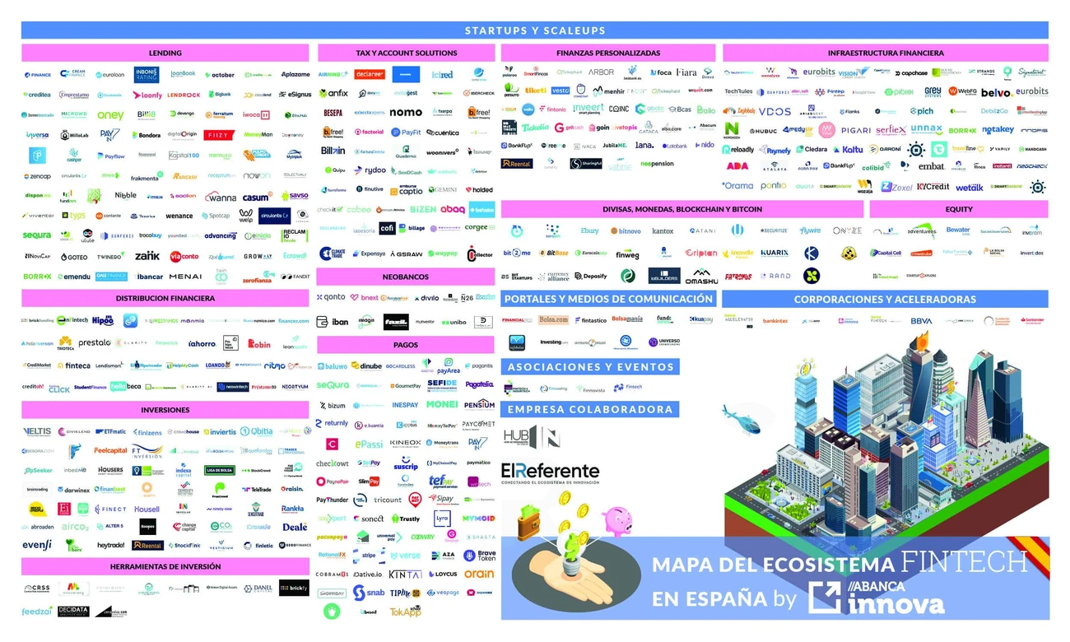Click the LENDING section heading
[x=165, y=53]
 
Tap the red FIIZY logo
[x=219, y=135]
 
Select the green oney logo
[x=110, y=115]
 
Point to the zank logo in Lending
[x=147, y=256]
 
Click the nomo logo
[x=405, y=112]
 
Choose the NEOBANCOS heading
[x=406, y=277]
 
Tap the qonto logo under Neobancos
[x=331, y=297]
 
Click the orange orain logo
[x=479, y=574]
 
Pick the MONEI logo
[x=442, y=405]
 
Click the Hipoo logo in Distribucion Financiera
[x=103, y=320]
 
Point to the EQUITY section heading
[x=959, y=210]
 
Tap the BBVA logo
[x=921, y=320]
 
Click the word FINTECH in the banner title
[x=964, y=563]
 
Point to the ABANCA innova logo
[x=876, y=598]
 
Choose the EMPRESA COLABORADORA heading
[x=589, y=409]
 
